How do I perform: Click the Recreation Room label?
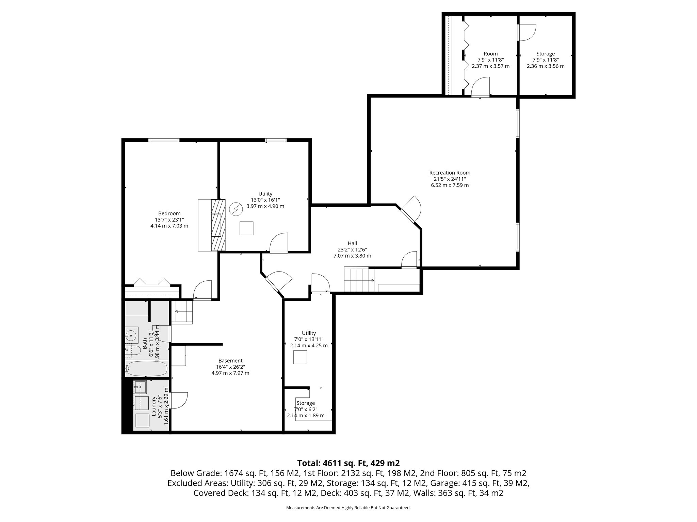[450, 173]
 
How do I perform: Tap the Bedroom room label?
[169, 213]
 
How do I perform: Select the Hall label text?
[352, 243]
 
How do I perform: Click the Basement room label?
[230, 361]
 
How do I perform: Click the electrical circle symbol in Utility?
[235, 209]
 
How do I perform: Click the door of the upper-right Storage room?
[526, 33]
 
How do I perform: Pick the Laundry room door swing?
[178, 400]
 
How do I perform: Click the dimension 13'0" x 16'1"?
[265, 200]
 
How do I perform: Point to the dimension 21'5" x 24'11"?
[450, 179]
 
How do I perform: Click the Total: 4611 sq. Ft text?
[348, 463]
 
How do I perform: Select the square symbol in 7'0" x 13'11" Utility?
[300, 357]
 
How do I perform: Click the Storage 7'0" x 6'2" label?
[305, 403]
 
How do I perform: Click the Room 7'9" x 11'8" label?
[490, 54]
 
